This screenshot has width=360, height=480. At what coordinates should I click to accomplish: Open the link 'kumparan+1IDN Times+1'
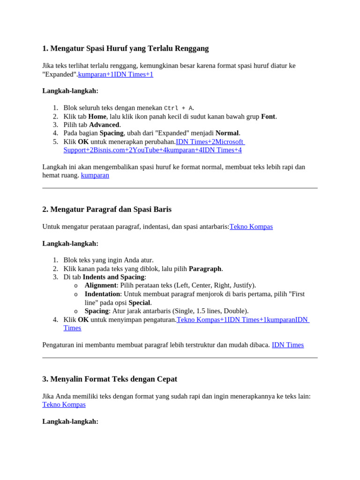pyautogui.click(x=116, y=74)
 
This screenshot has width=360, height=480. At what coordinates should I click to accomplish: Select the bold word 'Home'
pyautogui.click(x=97, y=116)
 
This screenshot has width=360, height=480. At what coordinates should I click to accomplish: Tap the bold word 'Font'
pyautogui.click(x=268, y=116)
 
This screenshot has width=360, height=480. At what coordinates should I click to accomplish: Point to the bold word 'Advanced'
pyautogui.click(x=104, y=125)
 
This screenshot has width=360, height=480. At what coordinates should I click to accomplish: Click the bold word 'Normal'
pyautogui.click(x=227, y=133)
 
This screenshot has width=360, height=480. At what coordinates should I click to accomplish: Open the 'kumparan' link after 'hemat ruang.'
pyautogui.click(x=95, y=175)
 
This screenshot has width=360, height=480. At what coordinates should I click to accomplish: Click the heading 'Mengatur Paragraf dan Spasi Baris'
pyautogui.click(x=107, y=210)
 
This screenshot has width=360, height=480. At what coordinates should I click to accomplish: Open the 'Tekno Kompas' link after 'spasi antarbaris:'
pyautogui.click(x=251, y=226)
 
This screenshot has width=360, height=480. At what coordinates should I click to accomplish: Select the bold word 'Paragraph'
pyautogui.click(x=205, y=269)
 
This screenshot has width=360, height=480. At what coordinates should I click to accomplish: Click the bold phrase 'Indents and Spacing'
pyautogui.click(x=113, y=277)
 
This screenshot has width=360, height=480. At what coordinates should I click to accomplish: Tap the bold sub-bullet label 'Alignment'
pyautogui.click(x=100, y=285)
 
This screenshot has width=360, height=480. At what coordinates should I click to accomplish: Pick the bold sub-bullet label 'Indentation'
pyautogui.click(x=102, y=294)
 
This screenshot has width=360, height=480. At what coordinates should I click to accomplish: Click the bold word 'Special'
pyautogui.click(x=139, y=302)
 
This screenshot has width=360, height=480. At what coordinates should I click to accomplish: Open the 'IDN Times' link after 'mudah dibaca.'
pyautogui.click(x=288, y=345)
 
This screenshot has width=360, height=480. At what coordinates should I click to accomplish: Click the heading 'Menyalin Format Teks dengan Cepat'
pyautogui.click(x=110, y=379)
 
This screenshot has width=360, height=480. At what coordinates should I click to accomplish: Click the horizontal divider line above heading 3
pyautogui.click(x=180, y=358)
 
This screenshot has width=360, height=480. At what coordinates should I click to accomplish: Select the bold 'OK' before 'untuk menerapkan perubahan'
pyautogui.click(x=83, y=142)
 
